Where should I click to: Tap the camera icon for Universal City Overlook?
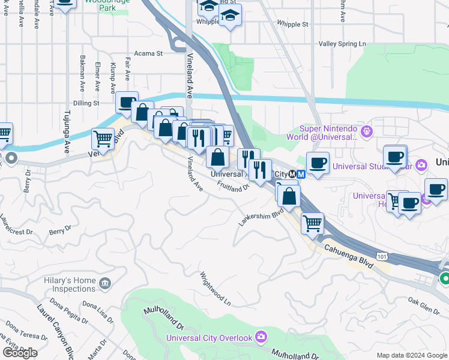pyautogui.click(x=261, y=337)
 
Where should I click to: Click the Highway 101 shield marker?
pyautogui.click(x=382, y=256)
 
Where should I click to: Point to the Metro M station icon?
pyautogui.click(x=301, y=174)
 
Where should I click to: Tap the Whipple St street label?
pyautogui.click(x=292, y=25)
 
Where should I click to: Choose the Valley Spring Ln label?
pyautogui.click(x=342, y=44)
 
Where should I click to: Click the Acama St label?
pyautogui.click(x=148, y=53)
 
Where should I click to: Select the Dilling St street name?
pyautogui.click(x=86, y=103)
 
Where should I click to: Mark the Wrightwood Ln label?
pyautogui.click(x=215, y=289)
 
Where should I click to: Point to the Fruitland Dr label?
pyautogui.click(x=233, y=187)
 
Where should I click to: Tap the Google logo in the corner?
pyautogui.click(x=20, y=353)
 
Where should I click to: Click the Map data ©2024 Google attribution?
pyautogui.click(x=411, y=355)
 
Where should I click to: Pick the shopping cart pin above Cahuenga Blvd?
pyautogui.click(x=312, y=223)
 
